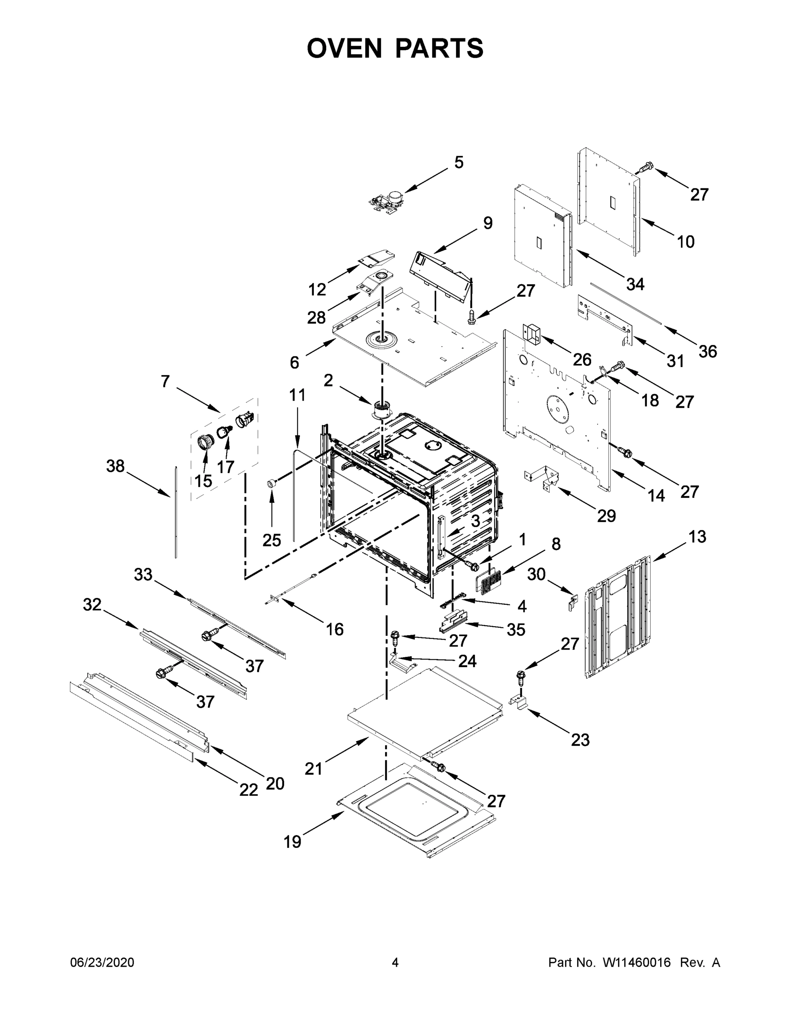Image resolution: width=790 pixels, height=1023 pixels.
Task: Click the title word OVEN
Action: [345, 48]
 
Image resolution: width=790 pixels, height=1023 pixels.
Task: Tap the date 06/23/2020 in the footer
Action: [102, 962]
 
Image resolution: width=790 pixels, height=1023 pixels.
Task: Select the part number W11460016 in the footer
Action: [637, 962]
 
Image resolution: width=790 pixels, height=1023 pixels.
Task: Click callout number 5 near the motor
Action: [459, 162]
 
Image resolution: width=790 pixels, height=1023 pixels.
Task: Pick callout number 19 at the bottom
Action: [293, 842]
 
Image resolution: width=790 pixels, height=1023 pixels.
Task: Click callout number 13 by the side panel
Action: [697, 536]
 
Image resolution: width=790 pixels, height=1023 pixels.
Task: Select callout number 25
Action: [271, 540]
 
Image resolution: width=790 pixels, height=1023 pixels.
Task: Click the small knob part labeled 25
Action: [270, 483]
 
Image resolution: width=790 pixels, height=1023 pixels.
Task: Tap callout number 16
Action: [335, 629]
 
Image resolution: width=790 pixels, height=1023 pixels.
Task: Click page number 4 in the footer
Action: [395, 962]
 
